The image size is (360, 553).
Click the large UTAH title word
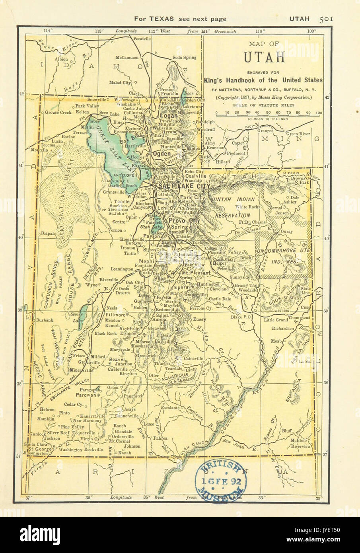coord(264,57)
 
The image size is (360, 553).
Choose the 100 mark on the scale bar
coord(318,113)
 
